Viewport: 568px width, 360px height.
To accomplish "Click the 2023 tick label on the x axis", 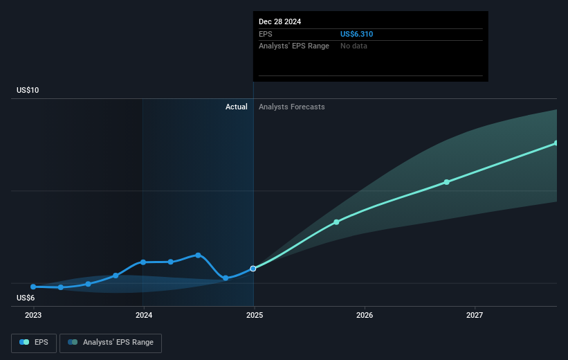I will pos(33,316).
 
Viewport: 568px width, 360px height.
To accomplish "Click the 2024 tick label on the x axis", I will pos(143,316).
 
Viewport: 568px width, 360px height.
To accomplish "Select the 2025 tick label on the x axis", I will pos(254,316).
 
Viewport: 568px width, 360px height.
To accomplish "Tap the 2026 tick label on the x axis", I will pos(365,316).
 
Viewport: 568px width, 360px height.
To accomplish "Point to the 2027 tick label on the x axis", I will pos(475,316).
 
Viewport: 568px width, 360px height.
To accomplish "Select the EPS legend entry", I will pos(34,343).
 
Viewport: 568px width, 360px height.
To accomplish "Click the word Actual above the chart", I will pos(236,107).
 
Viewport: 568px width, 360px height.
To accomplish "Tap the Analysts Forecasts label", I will pos(291,107).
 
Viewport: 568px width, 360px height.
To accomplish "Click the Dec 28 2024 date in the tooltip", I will pos(280,21).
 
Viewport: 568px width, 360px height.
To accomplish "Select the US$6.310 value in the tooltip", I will pos(357,34).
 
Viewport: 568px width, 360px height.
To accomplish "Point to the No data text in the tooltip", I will pos(354,46).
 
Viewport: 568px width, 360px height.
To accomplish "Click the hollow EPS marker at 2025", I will pos(253,268).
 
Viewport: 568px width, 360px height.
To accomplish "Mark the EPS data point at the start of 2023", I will pos(33,287).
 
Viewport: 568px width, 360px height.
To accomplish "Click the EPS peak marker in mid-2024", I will pos(198,255).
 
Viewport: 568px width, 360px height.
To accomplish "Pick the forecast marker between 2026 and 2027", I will pos(446,182).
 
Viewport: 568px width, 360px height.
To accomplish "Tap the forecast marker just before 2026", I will pos(336,222).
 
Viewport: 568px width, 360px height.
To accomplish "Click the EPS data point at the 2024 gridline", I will pos(143,262).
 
